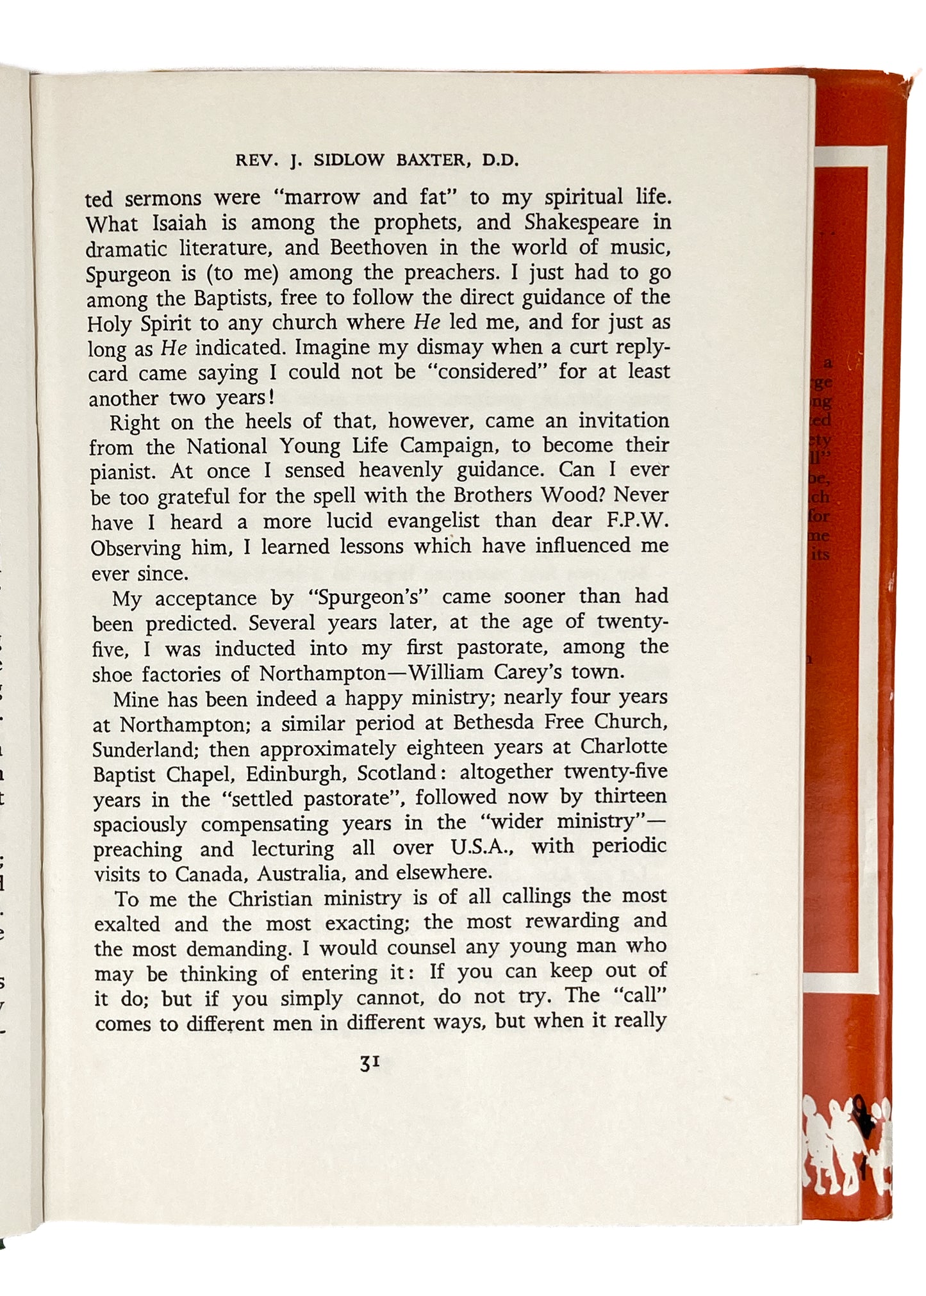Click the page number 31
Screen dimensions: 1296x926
pyautogui.click(x=370, y=1063)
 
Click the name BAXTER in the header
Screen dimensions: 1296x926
pyautogui.click(x=432, y=161)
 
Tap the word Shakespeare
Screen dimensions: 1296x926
pyautogui.click(x=581, y=222)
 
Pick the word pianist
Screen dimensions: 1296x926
pyautogui.click(x=122, y=472)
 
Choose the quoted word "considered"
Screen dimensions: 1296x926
pyautogui.click(x=491, y=372)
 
